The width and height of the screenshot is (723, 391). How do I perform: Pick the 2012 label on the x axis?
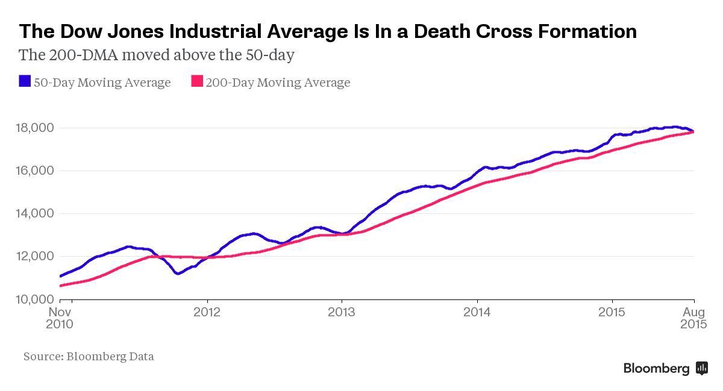tap(207, 312)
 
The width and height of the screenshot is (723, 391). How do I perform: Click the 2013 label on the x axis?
tap(342, 312)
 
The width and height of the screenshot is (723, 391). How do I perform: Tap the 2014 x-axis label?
tap(477, 312)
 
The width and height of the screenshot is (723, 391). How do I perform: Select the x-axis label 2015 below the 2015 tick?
tap(612, 312)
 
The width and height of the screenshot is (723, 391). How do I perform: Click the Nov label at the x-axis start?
tap(60, 312)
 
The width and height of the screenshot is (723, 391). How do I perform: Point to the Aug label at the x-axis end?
tap(694, 312)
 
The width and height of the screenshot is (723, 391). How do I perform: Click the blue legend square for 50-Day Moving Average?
tap(25, 81)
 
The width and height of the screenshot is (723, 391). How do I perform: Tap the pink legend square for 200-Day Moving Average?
tap(197, 81)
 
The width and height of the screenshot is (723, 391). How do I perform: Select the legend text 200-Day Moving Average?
tap(278, 83)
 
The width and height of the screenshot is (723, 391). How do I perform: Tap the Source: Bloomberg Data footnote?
tap(89, 357)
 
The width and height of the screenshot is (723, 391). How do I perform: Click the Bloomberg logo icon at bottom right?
tap(702, 368)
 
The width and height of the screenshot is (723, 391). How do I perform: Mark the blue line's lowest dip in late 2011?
tap(177, 274)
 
